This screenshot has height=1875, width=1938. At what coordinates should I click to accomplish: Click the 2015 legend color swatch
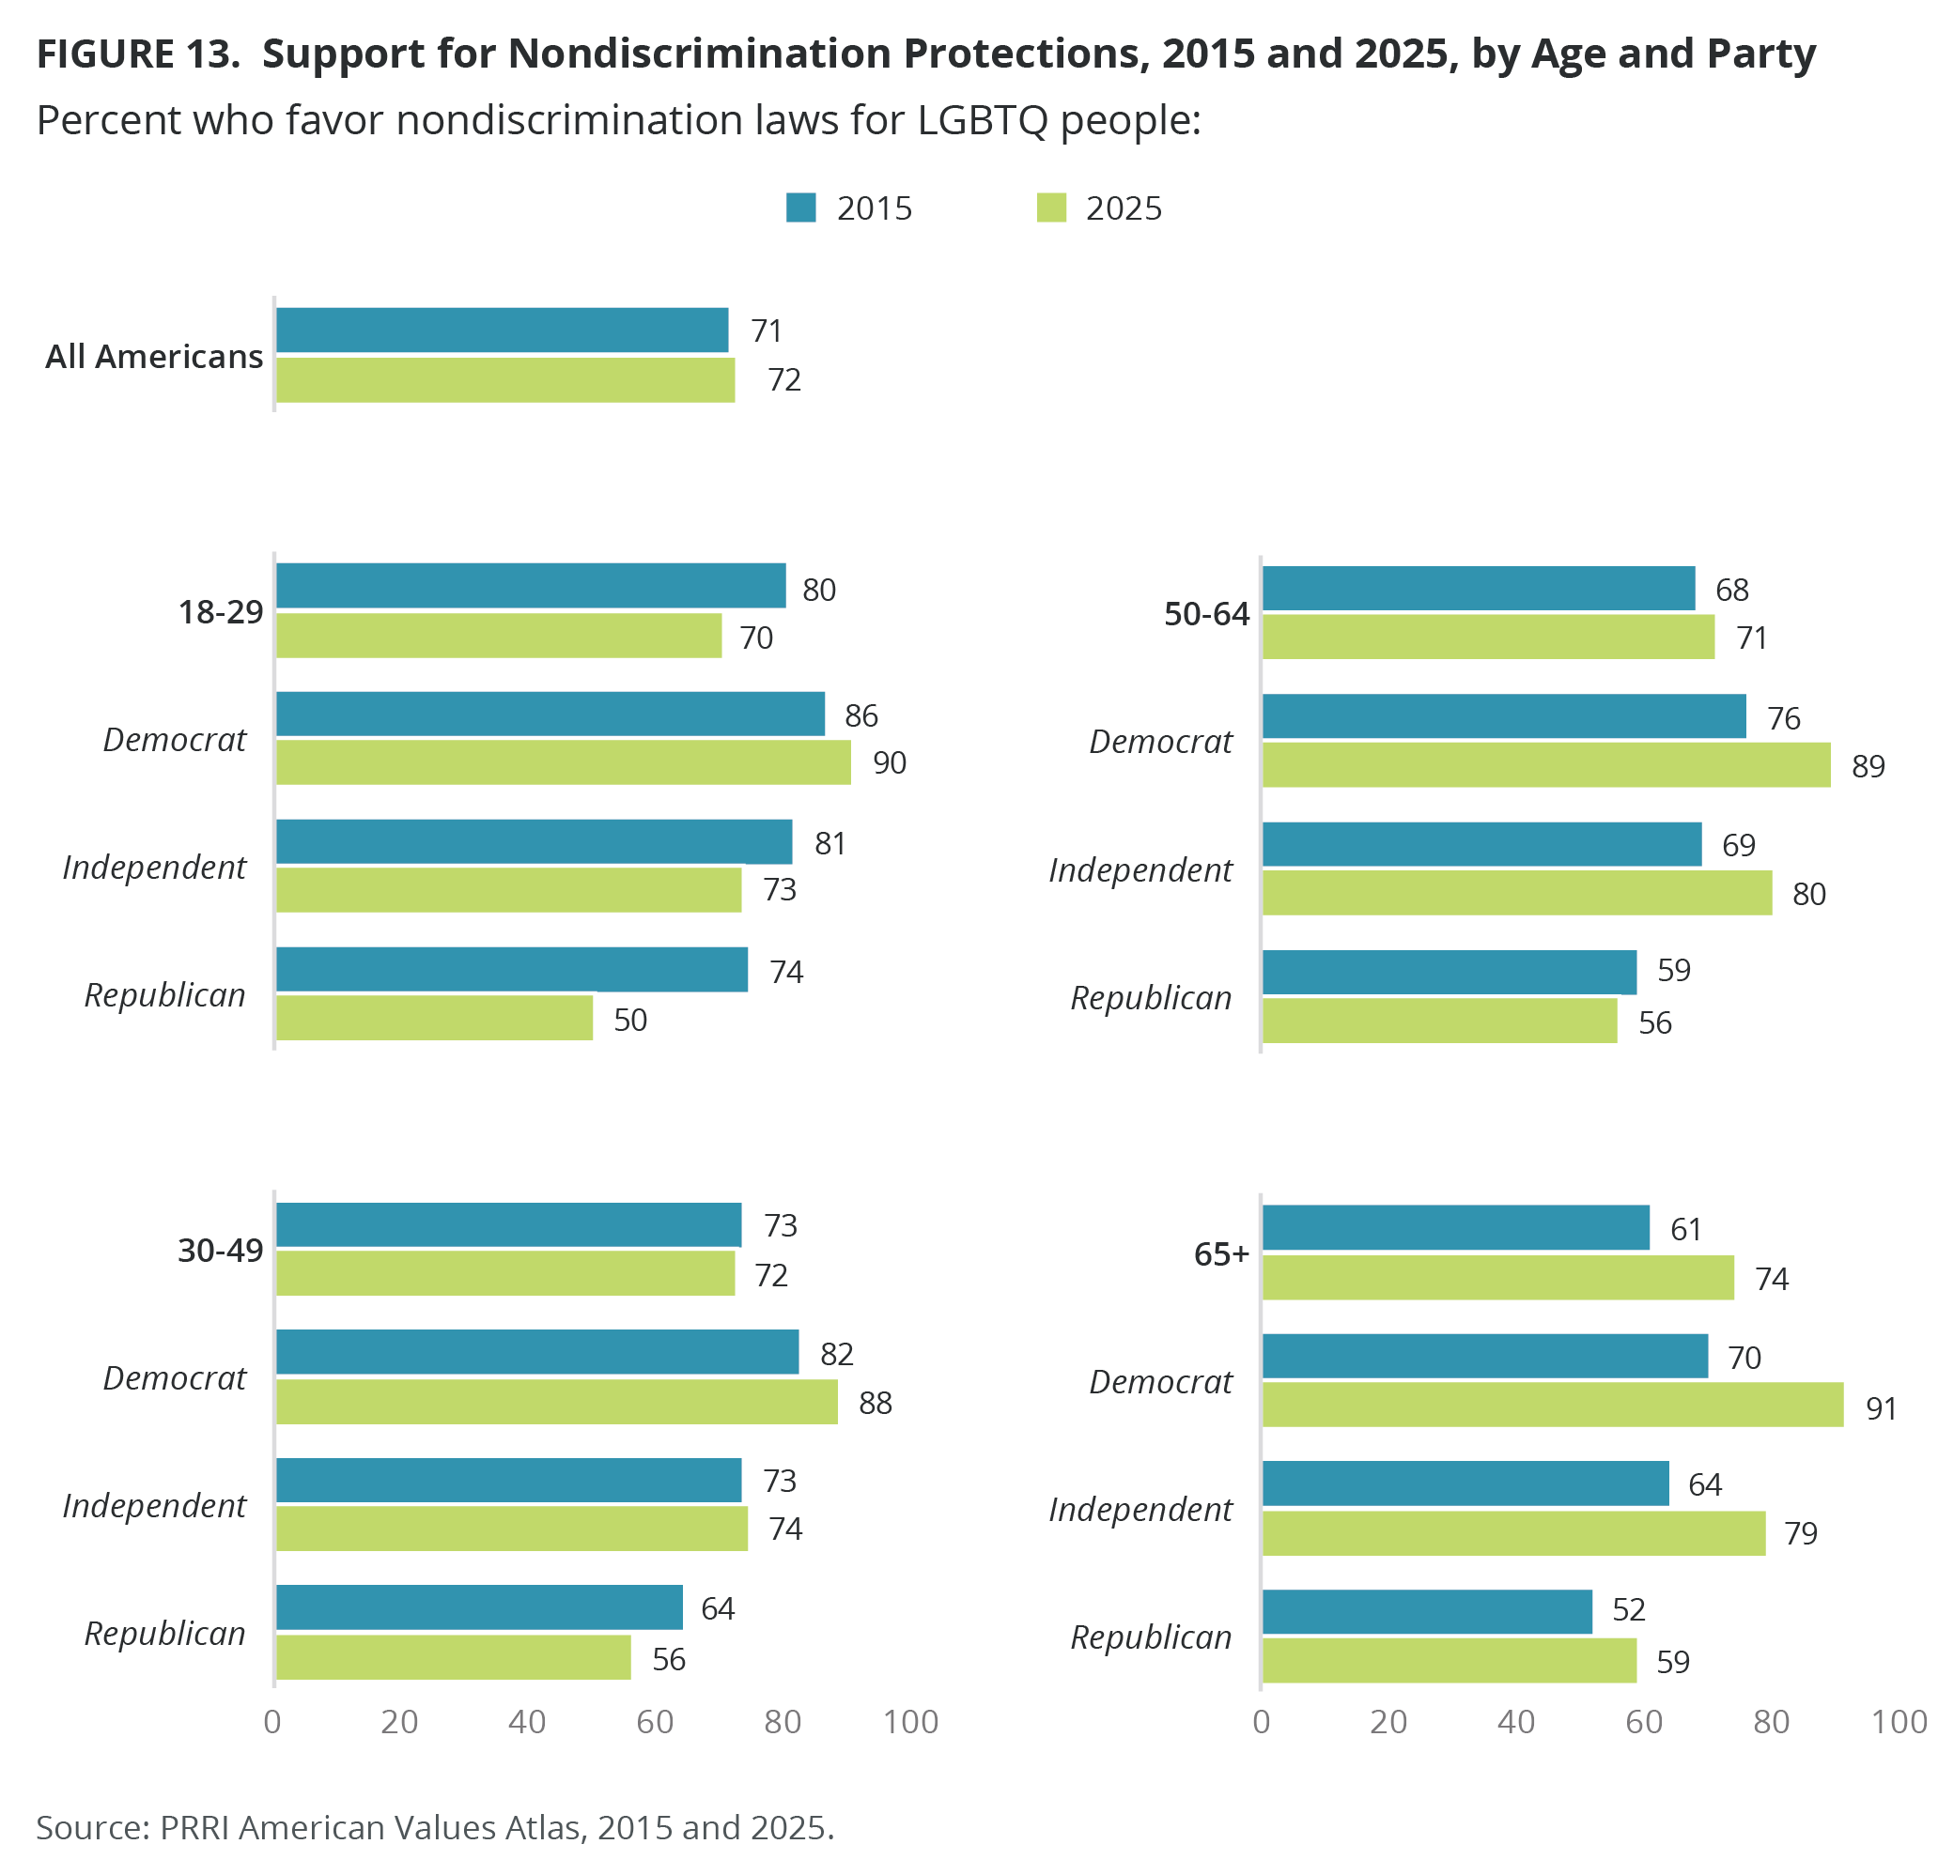click(x=800, y=207)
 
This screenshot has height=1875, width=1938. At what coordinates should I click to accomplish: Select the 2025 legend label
click(x=1124, y=208)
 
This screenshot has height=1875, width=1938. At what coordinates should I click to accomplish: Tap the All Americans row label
click(x=154, y=356)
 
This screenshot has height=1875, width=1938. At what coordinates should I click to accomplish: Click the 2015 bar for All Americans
click(x=502, y=330)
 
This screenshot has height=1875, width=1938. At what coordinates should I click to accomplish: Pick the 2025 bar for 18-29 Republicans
click(x=434, y=1018)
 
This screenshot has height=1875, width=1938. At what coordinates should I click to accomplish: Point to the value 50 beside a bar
click(x=629, y=1020)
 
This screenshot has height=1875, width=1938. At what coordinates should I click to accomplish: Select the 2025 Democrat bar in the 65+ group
click(x=1553, y=1405)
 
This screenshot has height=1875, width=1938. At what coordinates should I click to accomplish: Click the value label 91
click(x=1881, y=1408)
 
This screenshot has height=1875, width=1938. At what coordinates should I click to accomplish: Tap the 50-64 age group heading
click(x=1206, y=615)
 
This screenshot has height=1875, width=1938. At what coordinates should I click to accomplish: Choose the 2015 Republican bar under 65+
click(x=1427, y=1612)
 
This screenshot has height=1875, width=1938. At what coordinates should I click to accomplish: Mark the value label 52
click(x=1629, y=1610)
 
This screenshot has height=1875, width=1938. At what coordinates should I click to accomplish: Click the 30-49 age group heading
click(x=221, y=1252)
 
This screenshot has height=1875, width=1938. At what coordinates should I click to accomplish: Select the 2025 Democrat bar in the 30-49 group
click(x=557, y=1402)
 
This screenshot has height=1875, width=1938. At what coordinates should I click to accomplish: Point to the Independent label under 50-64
click(x=1140, y=869)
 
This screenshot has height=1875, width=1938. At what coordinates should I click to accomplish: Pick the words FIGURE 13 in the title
click(x=137, y=54)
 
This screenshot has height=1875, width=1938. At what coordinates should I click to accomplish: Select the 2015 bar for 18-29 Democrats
click(x=550, y=714)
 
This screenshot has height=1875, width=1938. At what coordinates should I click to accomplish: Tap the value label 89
click(x=1868, y=766)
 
